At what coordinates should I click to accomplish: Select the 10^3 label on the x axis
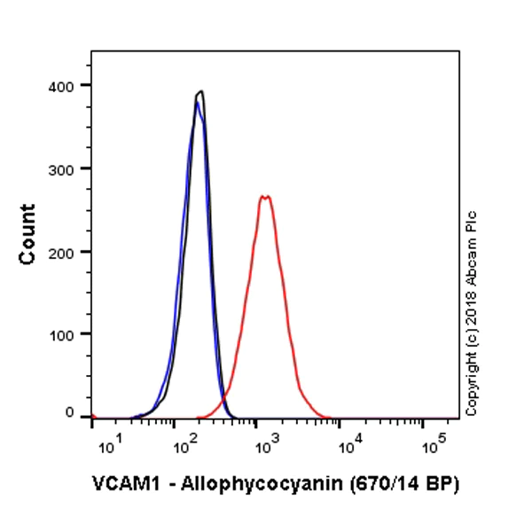click(266, 444)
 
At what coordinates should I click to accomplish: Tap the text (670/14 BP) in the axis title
click(407, 485)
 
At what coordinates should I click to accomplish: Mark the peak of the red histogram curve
click(264, 196)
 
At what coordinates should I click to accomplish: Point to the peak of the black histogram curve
click(201, 90)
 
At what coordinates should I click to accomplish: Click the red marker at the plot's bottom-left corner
click(92, 417)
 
